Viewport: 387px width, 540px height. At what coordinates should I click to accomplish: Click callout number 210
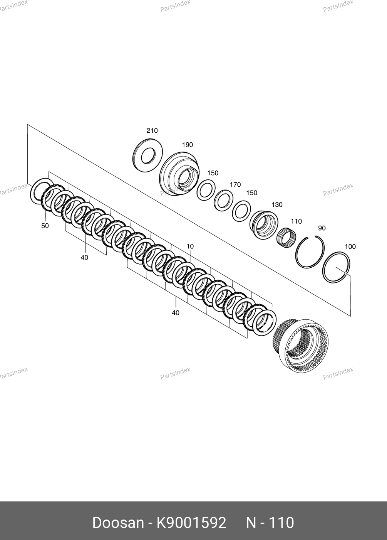(x=152, y=131)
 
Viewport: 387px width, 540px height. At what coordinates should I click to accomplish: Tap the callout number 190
(x=188, y=145)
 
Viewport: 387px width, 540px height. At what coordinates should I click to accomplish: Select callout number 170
(x=235, y=185)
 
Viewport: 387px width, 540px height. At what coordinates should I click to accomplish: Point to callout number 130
(x=277, y=205)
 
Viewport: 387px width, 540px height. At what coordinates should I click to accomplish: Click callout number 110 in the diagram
(x=296, y=221)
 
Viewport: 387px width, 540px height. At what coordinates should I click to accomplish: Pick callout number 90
(x=322, y=228)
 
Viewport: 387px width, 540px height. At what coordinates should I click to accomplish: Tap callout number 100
(x=350, y=246)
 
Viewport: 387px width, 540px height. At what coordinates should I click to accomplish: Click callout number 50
(x=45, y=226)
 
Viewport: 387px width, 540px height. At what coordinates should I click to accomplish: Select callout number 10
(x=190, y=246)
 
